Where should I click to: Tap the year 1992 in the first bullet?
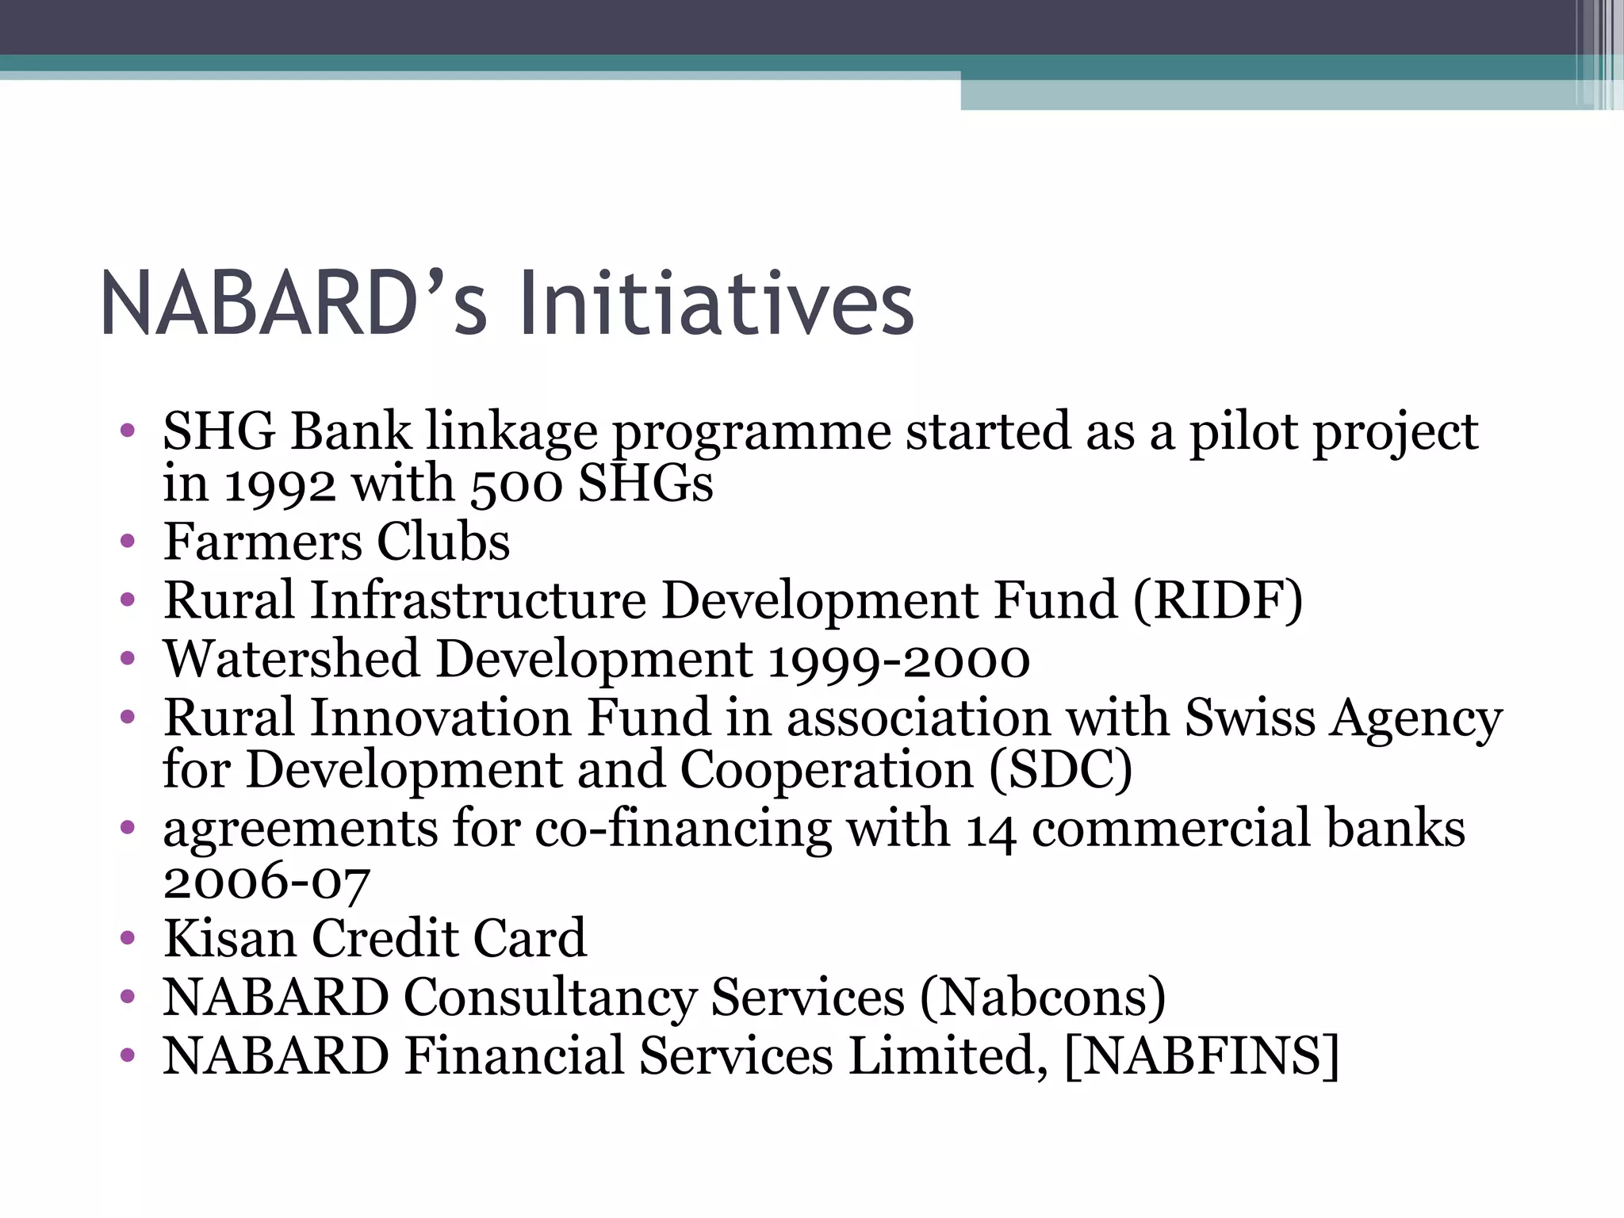click(280, 484)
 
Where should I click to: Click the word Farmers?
click(262, 542)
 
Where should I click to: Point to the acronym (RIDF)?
click(1218, 600)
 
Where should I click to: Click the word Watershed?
click(291, 659)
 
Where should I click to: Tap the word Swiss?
click(1250, 718)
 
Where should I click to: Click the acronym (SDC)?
click(1060, 770)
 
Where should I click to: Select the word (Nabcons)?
click(1043, 998)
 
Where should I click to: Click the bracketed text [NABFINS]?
click(1201, 1056)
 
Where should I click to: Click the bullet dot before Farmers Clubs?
click(128, 542)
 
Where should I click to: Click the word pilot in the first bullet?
click(1242, 432)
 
